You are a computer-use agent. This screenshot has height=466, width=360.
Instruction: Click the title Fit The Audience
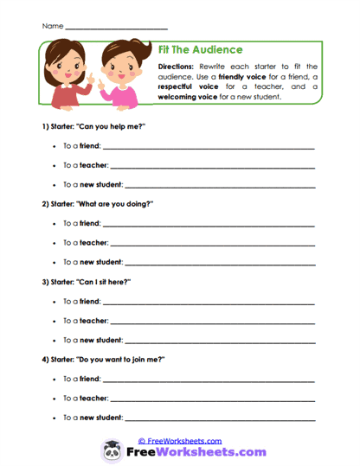click(x=201, y=50)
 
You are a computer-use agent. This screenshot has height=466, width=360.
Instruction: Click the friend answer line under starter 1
click(x=208, y=149)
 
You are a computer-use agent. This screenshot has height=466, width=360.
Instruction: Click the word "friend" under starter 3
click(x=90, y=303)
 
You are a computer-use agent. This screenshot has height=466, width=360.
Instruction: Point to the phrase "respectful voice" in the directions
click(x=191, y=87)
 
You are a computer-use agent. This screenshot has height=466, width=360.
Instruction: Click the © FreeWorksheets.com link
click(x=180, y=440)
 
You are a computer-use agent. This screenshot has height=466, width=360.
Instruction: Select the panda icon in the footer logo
click(x=111, y=452)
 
